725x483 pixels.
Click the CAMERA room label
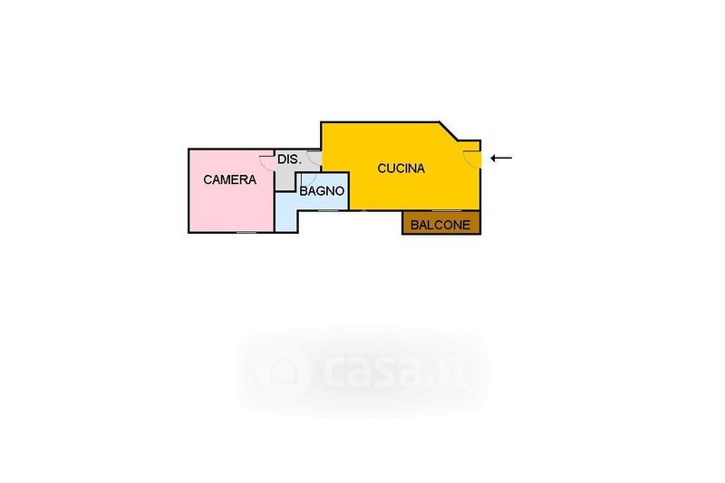(229, 180)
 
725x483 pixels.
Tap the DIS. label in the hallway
(288, 159)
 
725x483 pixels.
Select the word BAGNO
(321, 191)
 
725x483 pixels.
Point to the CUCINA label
(401, 168)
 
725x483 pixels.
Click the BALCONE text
(440, 226)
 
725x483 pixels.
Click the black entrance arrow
(501, 159)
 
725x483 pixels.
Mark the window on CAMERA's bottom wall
(246, 233)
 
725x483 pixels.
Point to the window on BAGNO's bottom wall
(329, 210)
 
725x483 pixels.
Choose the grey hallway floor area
(286, 178)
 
